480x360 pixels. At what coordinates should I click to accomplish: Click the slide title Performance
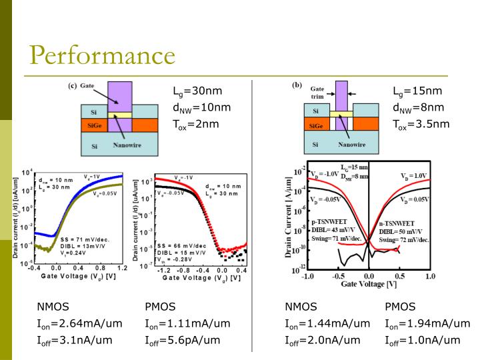(101, 54)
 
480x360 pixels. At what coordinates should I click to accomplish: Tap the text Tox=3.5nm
(421, 123)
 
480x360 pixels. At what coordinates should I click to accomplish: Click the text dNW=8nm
(418, 107)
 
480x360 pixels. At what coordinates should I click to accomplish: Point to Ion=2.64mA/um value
(79, 323)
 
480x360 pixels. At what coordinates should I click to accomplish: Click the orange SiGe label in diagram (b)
(317, 125)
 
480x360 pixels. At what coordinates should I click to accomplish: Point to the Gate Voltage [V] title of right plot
(369, 284)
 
